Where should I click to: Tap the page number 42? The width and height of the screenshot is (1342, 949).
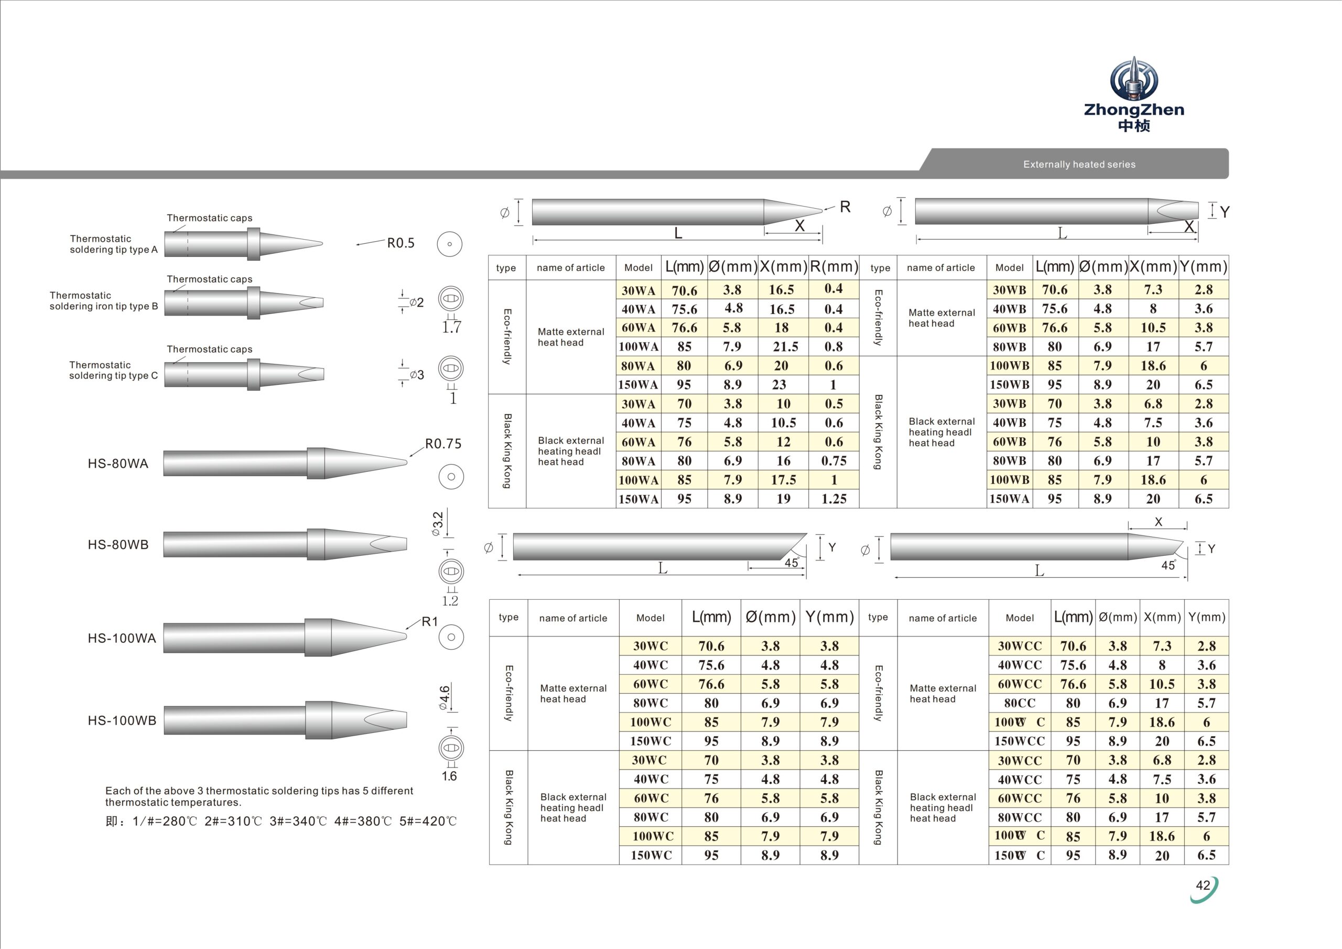[1203, 885]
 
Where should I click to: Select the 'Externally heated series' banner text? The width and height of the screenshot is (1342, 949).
[1079, 164]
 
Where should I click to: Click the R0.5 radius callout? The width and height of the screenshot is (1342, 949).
[401, 243]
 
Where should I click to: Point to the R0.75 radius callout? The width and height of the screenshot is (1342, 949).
[443, 444]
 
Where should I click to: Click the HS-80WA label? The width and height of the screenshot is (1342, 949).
[118, 463]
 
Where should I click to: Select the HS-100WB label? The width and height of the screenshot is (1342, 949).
[122, 720]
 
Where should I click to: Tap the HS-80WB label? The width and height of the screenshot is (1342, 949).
[118, 544]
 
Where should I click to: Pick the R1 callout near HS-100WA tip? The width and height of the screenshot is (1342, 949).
[430, 621]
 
